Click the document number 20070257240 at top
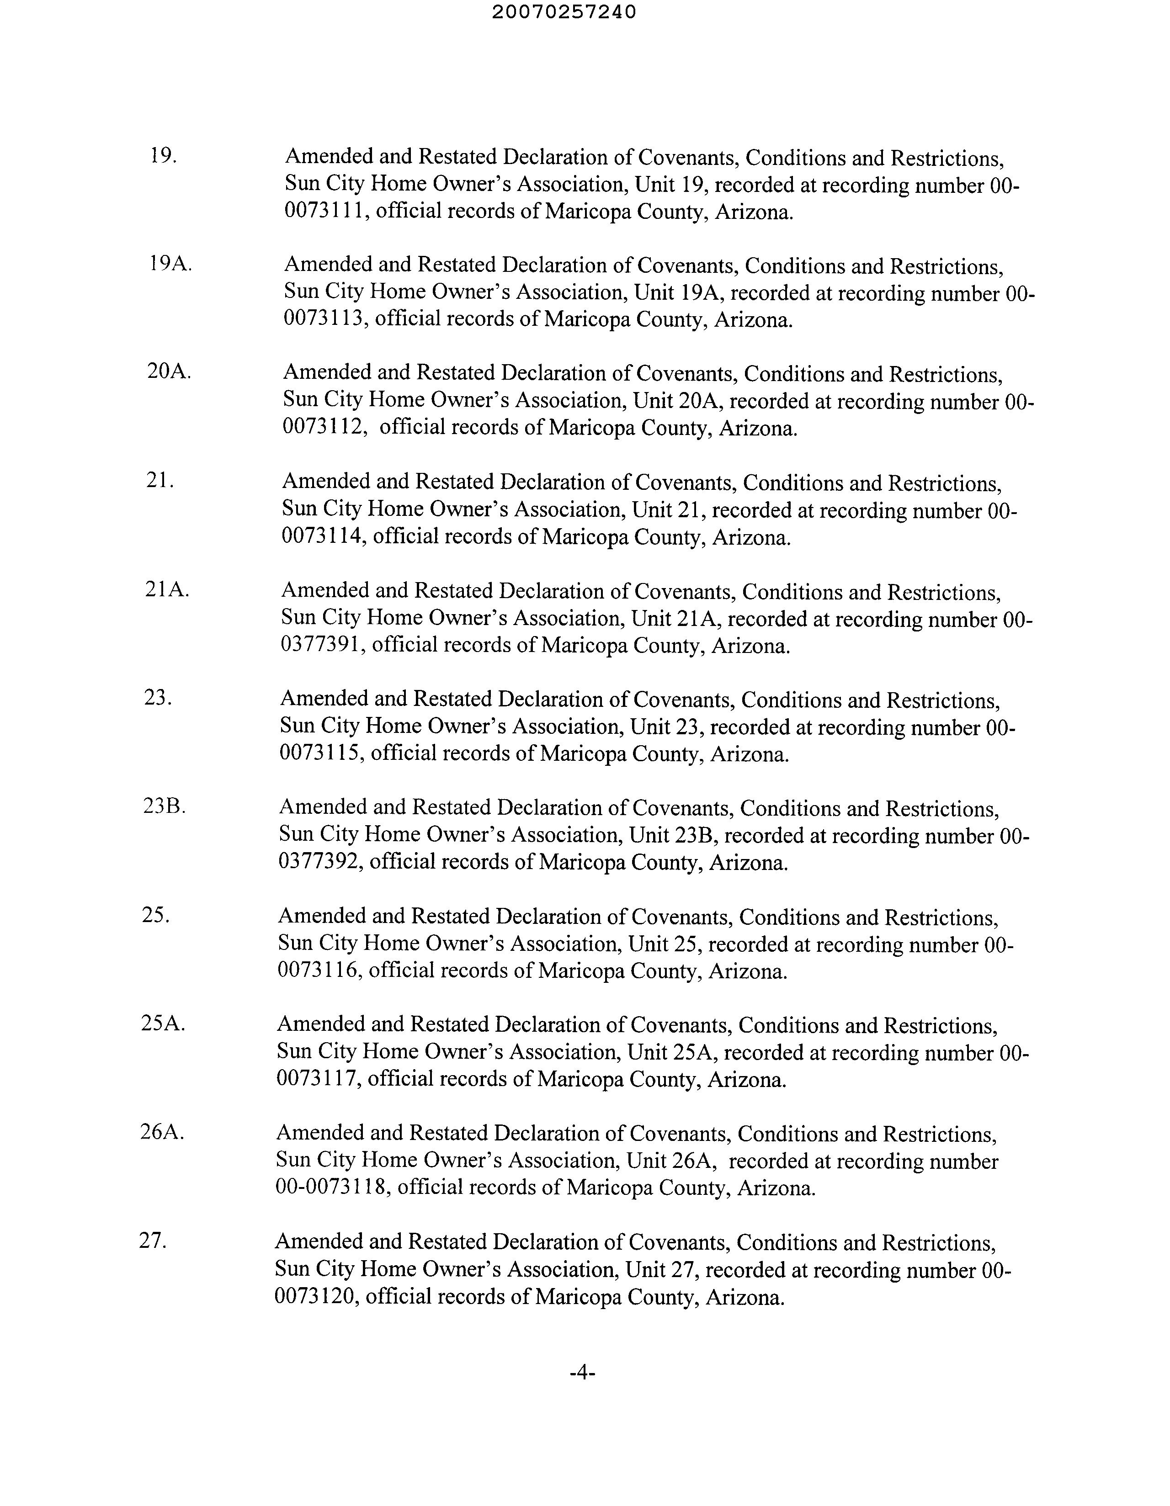point(564,12)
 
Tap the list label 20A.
point(169,371)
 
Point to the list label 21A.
point(167,589)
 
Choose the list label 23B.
point(164,806)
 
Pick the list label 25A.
point(163,1023)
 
